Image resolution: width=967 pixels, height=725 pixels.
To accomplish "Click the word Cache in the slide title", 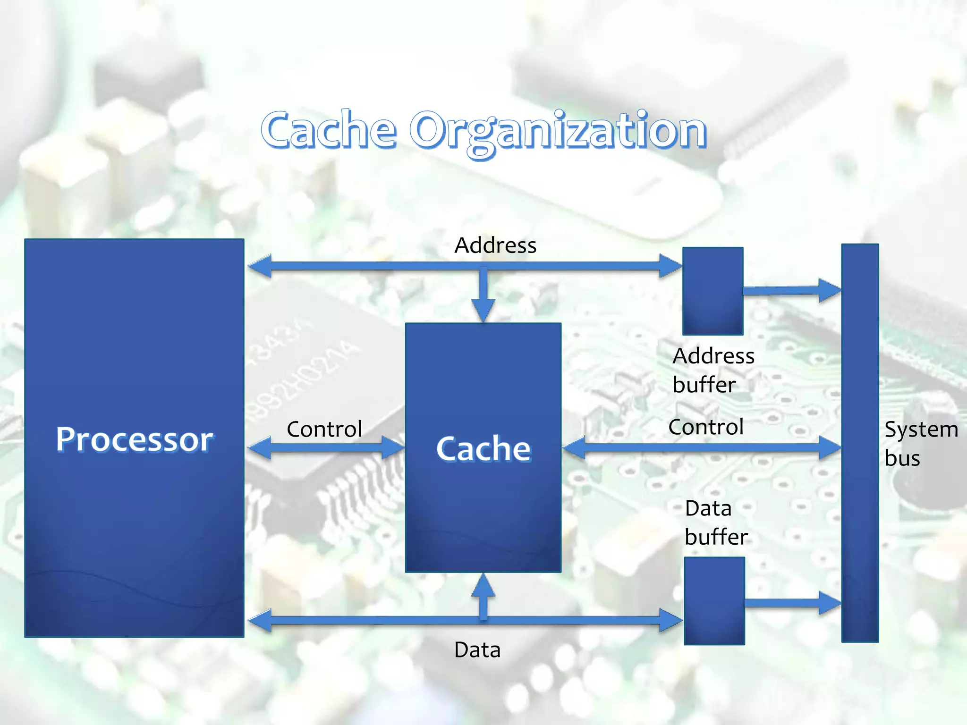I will point(329,129).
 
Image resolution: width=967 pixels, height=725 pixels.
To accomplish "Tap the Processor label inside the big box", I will point(135,439).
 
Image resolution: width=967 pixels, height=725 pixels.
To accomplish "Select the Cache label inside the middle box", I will point(483,448).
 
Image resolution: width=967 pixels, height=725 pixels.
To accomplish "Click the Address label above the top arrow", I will point(495,245).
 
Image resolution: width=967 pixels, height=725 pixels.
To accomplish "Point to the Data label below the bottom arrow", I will point(477,650).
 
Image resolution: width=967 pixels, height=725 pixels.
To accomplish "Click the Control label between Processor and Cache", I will point(324,429).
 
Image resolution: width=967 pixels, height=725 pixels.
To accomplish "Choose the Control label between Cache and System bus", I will point(706,427).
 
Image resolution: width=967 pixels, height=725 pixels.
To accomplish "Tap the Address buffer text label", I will point(713,370).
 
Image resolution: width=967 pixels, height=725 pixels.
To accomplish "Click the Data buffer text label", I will point(716,523).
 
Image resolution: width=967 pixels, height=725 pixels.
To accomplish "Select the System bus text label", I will point(921,444).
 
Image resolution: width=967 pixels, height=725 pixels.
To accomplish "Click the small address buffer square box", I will point(713,291).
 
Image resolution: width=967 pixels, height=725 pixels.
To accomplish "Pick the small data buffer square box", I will point(714,600).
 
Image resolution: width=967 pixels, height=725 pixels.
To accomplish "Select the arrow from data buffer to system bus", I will point(793,603).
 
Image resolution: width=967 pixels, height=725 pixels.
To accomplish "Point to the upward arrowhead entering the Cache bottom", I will point(483,586).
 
